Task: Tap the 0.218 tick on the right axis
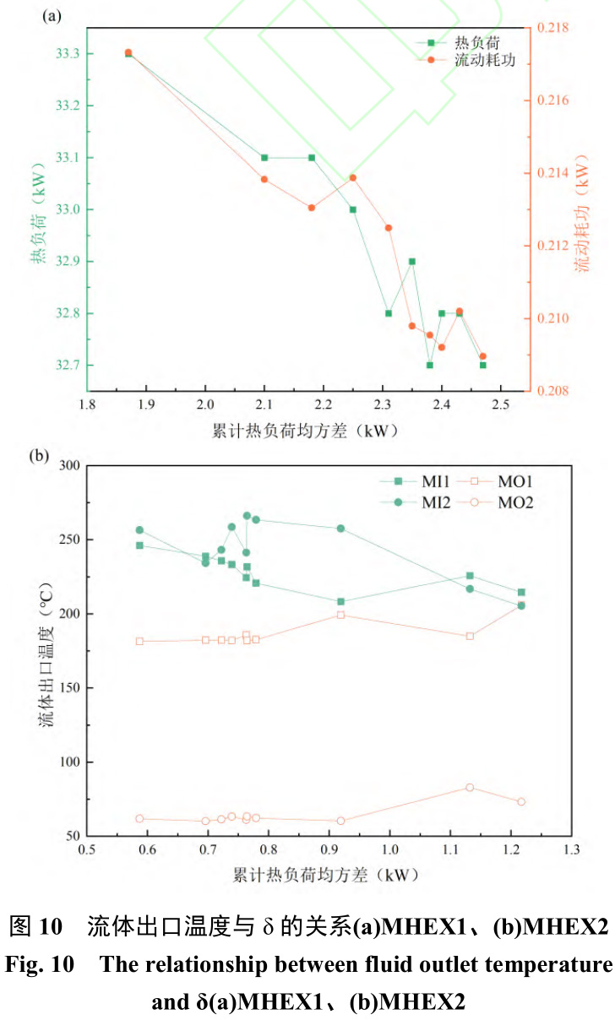(x=554, y=28)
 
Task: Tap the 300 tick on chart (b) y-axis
(x=67, y=465)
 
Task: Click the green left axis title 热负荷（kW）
(x=38, y=214)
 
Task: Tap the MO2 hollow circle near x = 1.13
(x=470, y=787)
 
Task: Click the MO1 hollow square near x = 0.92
(x=341, y=615)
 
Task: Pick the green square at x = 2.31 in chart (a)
(x=389, y=313)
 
